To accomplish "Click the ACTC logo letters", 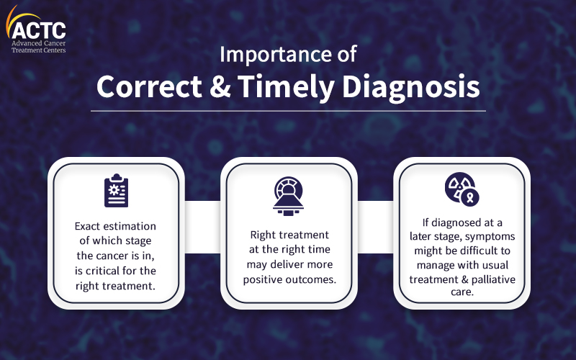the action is (39, 30).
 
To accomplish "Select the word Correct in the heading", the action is (149, 86).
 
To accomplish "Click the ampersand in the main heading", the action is (220, 86).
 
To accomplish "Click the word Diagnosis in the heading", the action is (410, 88).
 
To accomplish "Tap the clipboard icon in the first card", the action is (117, 190).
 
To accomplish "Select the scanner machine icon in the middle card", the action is (289, 196).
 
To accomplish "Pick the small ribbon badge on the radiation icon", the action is (470, 197).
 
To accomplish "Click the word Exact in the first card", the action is (87, 226).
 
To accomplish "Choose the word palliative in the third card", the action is (493, 279).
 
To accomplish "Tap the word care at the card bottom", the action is (462, 292).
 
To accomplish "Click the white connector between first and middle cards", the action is (202, 227).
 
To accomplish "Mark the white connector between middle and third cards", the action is (375, 227).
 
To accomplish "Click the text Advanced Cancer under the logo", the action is (39, 43).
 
